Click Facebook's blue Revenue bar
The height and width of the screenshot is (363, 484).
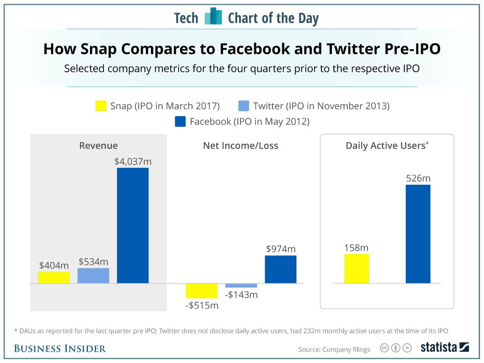133,225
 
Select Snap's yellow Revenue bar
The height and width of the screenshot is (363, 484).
54,277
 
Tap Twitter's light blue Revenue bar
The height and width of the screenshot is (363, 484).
93,275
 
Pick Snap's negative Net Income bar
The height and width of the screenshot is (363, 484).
202,291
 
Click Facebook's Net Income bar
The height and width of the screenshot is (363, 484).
280,269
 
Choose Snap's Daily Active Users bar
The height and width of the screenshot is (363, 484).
357,269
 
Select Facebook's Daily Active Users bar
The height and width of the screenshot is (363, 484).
418,234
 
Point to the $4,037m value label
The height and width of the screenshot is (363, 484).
133,162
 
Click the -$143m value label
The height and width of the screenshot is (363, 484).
241,295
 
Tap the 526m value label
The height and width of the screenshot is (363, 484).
418,178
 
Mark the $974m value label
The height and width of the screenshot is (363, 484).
281,249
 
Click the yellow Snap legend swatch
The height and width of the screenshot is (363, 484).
101,106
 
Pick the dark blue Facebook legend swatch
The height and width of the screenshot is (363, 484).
180,121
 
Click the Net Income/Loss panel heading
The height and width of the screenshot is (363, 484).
240,146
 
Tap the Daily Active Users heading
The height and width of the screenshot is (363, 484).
387,146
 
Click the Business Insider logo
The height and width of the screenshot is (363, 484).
60,348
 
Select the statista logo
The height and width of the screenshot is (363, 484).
444,348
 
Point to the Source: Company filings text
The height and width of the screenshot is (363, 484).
334,349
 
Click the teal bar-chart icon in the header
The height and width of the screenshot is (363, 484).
213,17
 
